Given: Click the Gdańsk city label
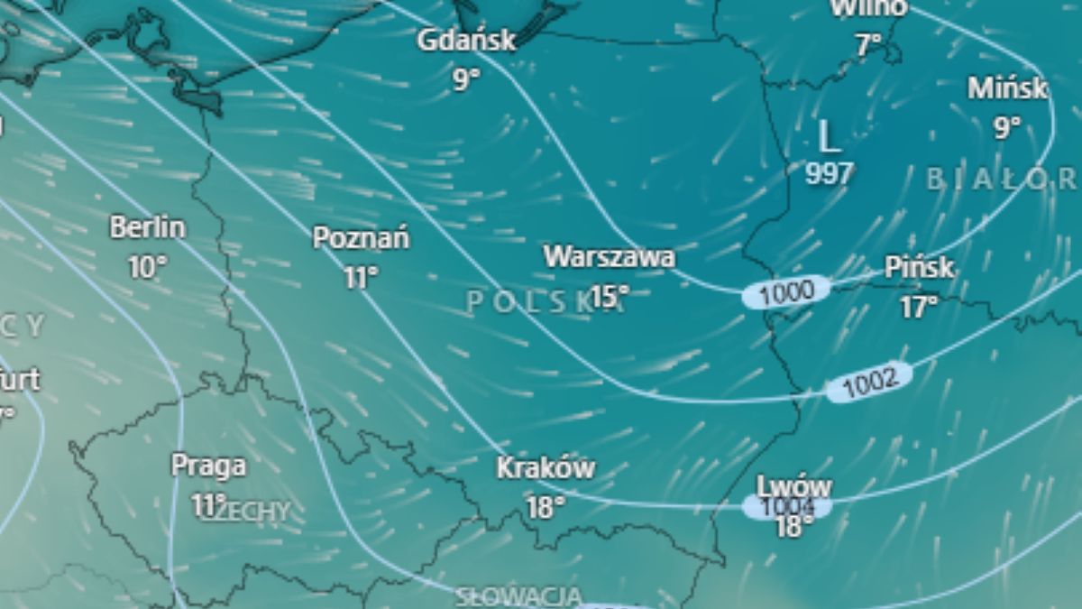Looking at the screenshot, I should [x=466, y=41].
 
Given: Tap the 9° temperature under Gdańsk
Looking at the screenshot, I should [x=466, y=80].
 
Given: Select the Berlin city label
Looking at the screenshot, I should [x=148, y=227].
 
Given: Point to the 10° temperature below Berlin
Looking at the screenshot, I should [x=148, y=267].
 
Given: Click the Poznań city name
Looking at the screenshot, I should [x=361, y=238].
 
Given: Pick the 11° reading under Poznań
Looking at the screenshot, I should [x=361, y=278].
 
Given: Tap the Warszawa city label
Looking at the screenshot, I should [x=609, y=257].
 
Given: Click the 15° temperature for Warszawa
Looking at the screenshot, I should [x=610, y=296].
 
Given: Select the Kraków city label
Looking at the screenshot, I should [x=546, y=468].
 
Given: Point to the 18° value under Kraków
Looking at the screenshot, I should [x=545, y=508].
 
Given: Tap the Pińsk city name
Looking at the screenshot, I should [x=919, y=268].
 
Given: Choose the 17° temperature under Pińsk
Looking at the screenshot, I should [x=919, y=308].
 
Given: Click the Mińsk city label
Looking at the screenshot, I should [x=1008, y=88].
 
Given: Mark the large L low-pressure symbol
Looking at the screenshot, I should [x=829, y=137].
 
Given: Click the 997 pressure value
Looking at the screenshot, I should [x=829, y=173].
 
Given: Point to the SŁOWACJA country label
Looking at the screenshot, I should [x=518, y=596].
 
